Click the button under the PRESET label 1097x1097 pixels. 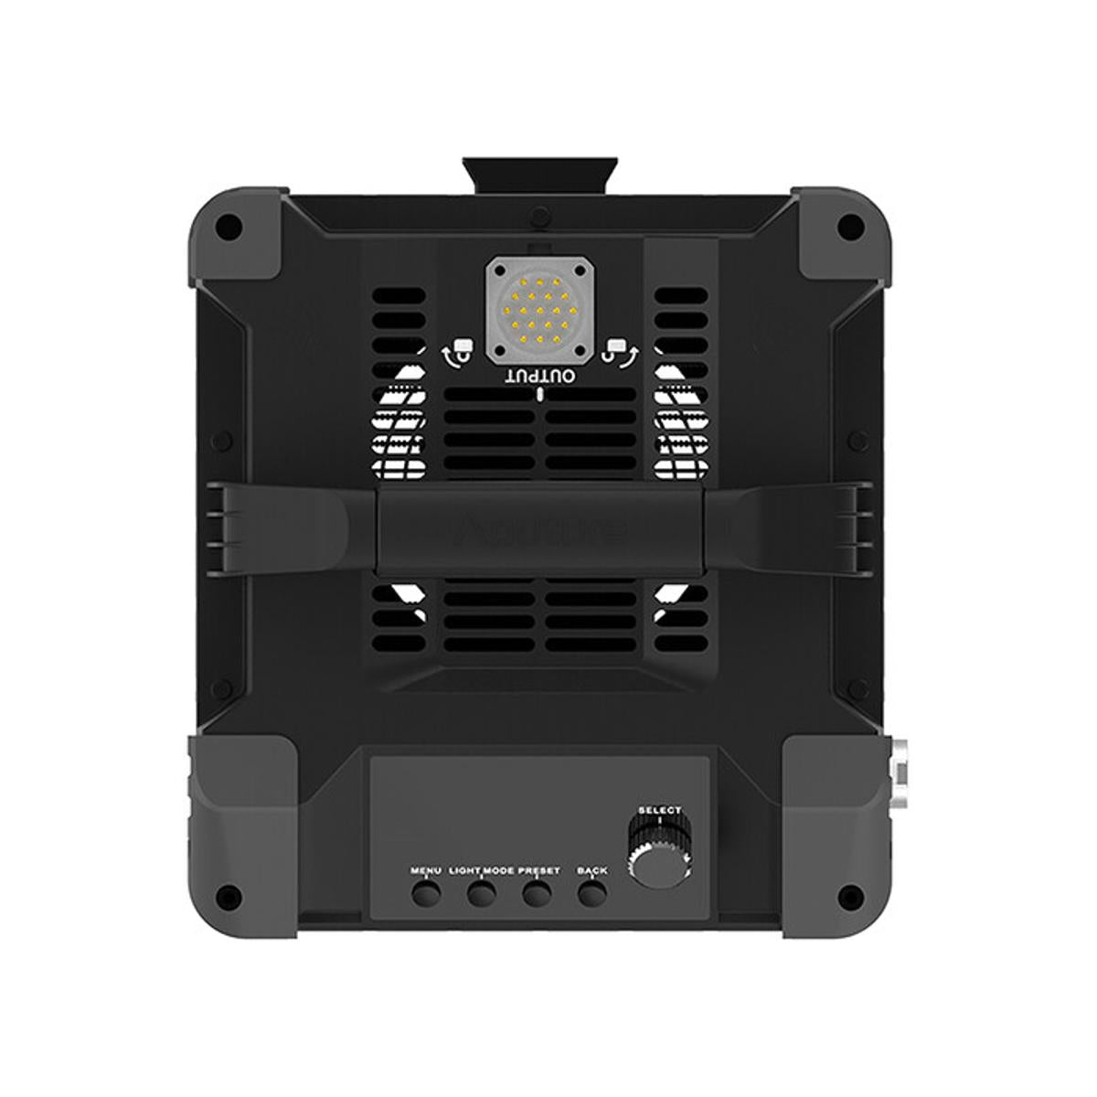coord(538,893)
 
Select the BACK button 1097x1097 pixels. coord(592,893)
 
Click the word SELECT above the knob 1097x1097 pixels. coord(660,810)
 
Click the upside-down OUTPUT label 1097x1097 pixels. coord(540,377)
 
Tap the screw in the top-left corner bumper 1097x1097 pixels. coord(231,223)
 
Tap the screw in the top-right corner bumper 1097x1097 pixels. coord(851,223)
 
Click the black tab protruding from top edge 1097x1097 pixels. coord(540,175)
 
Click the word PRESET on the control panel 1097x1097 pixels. coord(539,871)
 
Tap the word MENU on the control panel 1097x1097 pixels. coord(426,871)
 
